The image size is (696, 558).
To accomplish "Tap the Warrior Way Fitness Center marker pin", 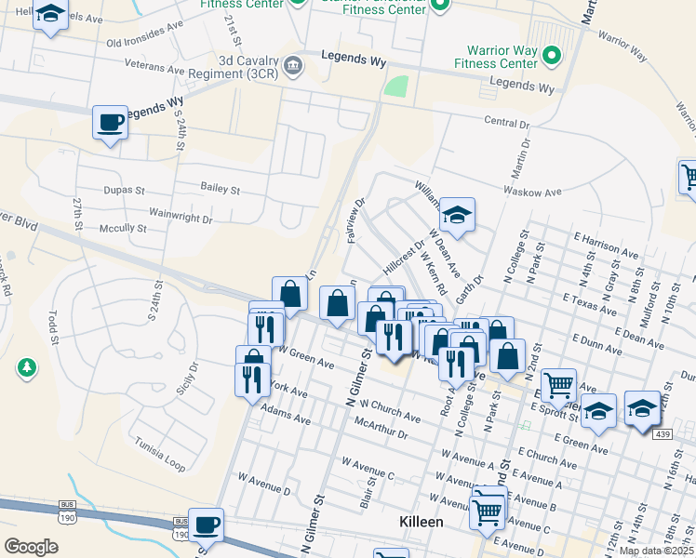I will (x=551, y=56).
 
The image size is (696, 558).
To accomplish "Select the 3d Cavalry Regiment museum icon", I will (x=293, y=64).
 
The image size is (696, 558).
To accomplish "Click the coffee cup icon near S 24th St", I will (x=110, y=122).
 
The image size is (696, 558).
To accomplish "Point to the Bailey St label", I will (x=220, y=189).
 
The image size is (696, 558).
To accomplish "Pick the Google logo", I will (x=31, y=547).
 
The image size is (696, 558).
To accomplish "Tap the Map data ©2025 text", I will (x=656, y=551).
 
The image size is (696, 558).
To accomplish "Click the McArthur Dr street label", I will (x=381, y=429).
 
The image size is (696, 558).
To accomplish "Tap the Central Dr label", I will (x=506, y=123).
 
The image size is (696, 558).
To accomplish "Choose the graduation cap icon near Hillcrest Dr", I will (x=457, y=215).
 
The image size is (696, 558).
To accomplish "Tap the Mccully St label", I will (x=125, y=228).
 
